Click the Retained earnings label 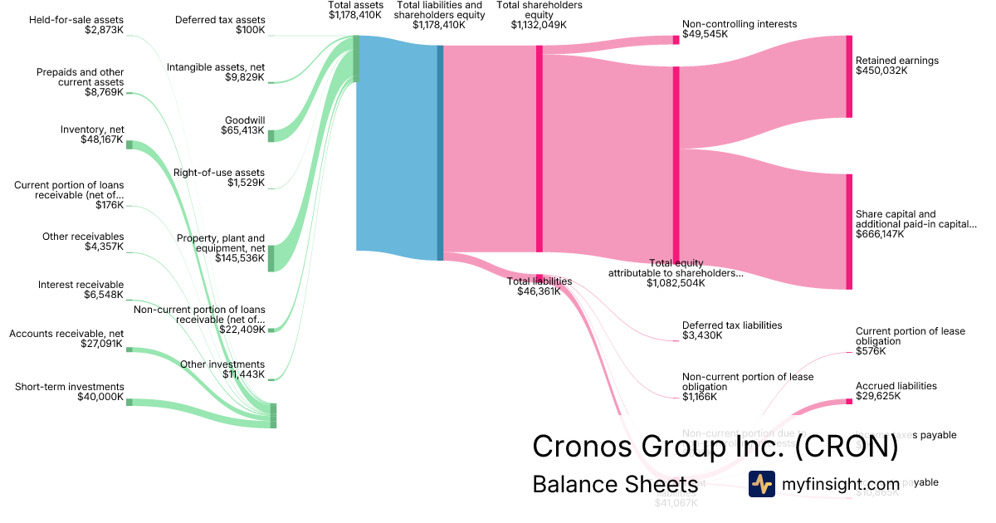pyautogui.click(x=896, y=61)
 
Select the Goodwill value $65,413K pyautogui.click(x=242, y=130)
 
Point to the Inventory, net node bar pyautogui.click(x=129, y=144)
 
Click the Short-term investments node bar pyautogui.click(x=129, y=402)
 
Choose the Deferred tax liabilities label pyautogui.click(x=731, y=325)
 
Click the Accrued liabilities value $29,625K pyautogui.click(x=878, y=396)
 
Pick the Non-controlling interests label pyautogui.click(x=739, y=24)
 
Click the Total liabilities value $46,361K pyautogui.click(x=539, y=291)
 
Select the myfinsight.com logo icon pyautogui.click(x=761, y=484)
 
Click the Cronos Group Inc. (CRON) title pyautogui.click(x=715, y=447)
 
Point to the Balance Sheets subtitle pyautogui.click(x=615, y=485)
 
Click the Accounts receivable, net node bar pyautogui.click(x=129, y=349)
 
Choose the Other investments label pyautogui.click(x=222, y=364)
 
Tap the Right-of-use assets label pyautogui.click(x=218, y=173)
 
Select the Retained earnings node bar pyautogui.click(x=849, y=76)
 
